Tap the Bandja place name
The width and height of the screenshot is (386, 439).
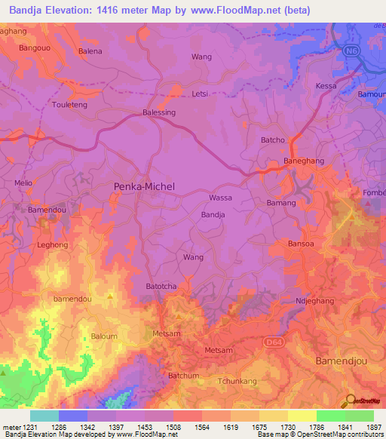(x=213, y=215)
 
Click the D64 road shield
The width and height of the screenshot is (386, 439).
(x=274, y=342)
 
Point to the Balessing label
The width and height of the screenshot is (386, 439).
(x=159, y=112)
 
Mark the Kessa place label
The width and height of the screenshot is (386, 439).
(x=326, y=86)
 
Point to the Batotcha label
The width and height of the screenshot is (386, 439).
(x=161, y=287)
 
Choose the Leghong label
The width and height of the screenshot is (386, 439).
(x=53, y=245)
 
